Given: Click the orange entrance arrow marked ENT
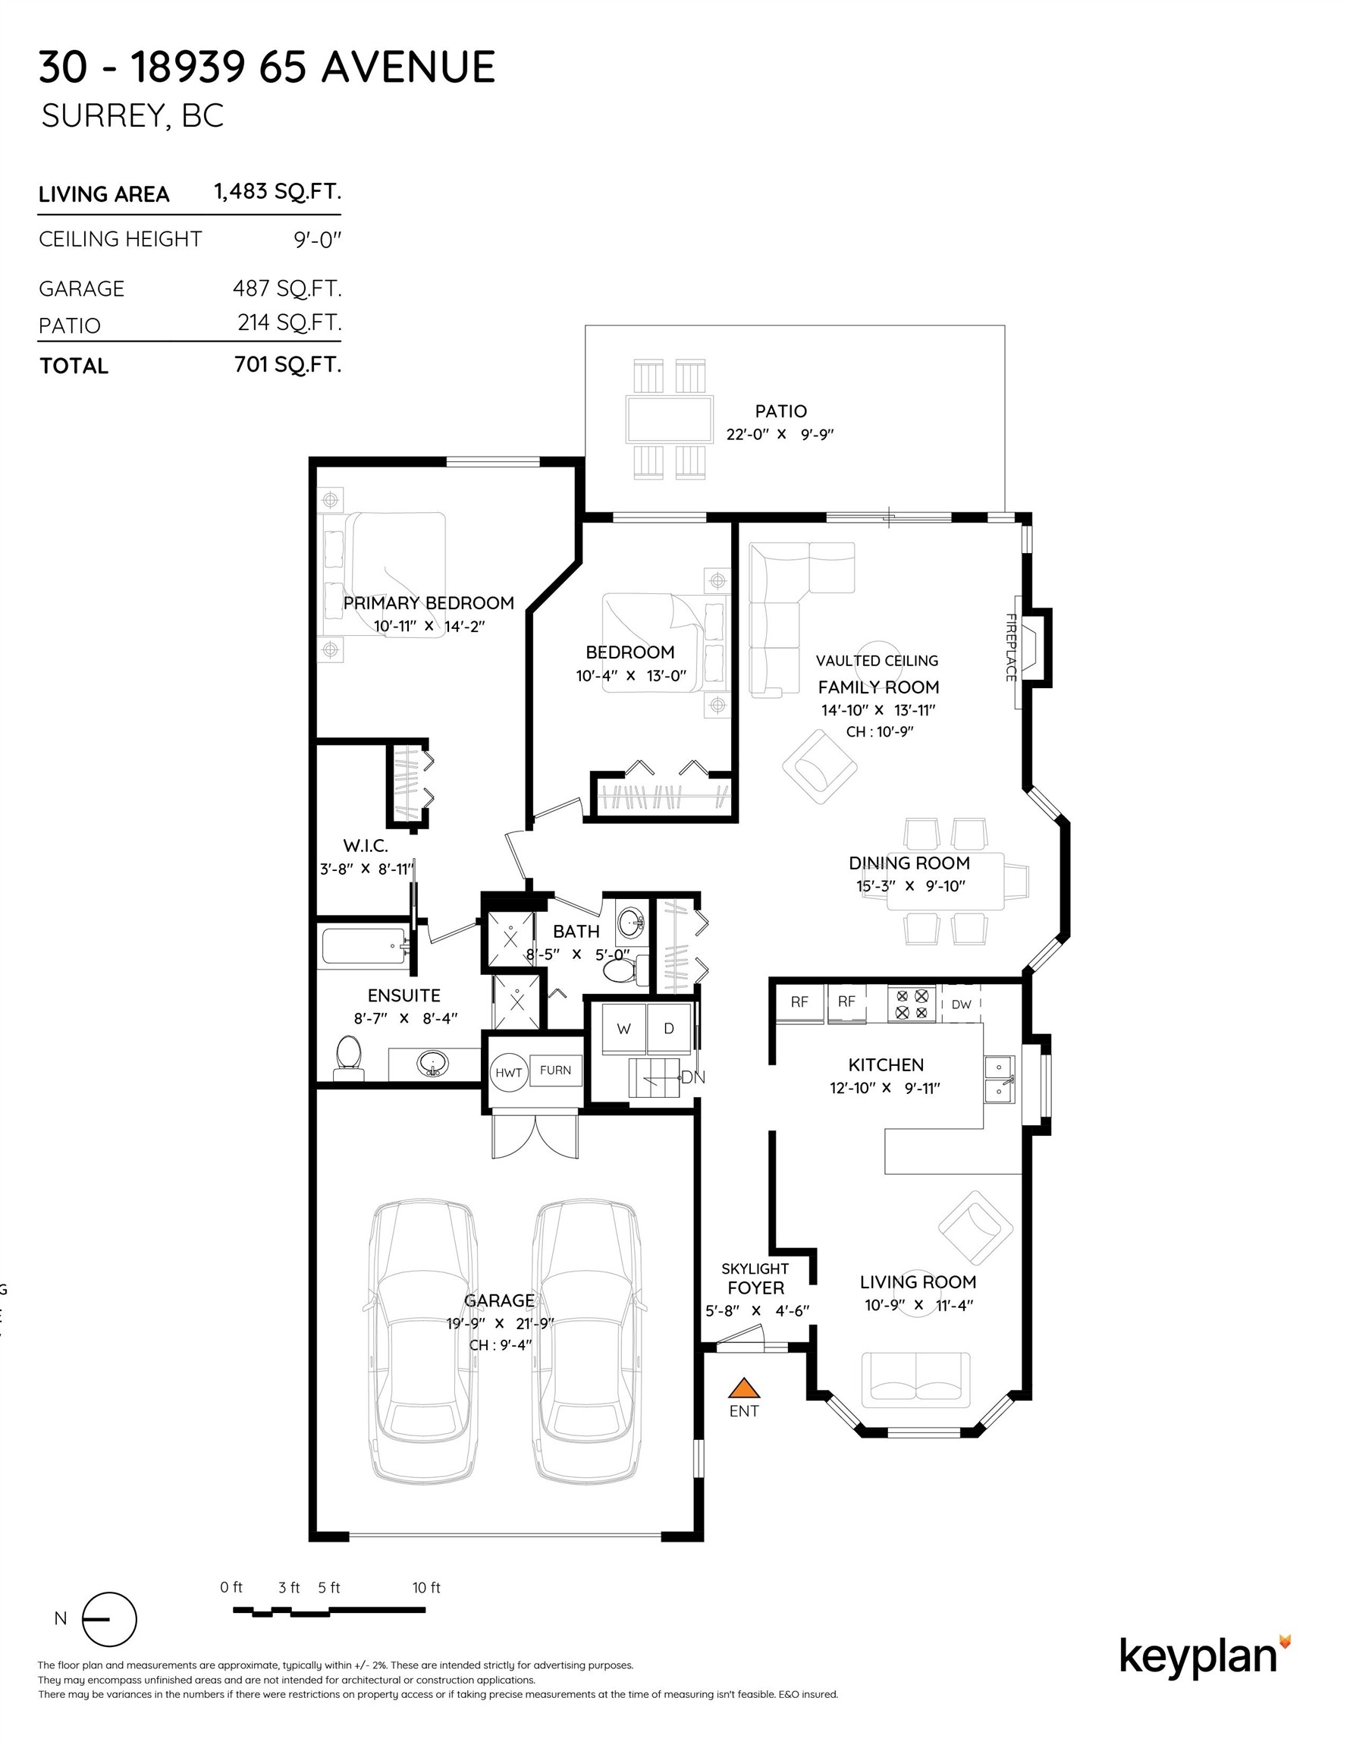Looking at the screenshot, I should [x=743, y=1388].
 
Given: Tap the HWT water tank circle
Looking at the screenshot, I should [x=508, y=1074].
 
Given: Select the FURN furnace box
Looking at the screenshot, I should [x=555, y=1070].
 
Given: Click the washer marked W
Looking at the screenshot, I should [x=623, y=1030].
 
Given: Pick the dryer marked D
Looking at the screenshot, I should [x=669, y=1030].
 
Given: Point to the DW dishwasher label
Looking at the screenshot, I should [x=961, y=1004].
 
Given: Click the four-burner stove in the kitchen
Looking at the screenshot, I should [x=912, y=1004].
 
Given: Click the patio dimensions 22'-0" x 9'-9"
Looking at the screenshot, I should [x=780, y=435].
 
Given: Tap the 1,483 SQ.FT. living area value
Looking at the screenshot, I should [x=277, y=192].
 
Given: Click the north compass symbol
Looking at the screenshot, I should [x=110, y=1619].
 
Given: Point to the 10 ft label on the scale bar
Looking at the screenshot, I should [x=425, y=1588].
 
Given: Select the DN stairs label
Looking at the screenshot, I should [x=693, y=1077].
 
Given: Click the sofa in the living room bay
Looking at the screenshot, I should [x=916, y=1378].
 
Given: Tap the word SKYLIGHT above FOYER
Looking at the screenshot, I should [x=755, y=1269].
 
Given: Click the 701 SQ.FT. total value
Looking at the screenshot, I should [x=287, y=365].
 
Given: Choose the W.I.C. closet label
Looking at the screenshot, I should [x=366, y=846].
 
